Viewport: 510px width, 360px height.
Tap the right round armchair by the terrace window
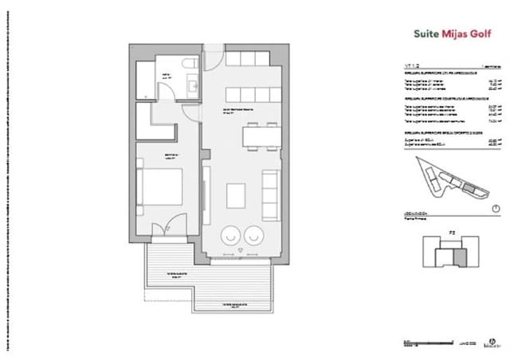coord(255,235)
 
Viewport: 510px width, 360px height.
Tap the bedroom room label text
coord(169,155)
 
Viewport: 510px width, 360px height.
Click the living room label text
coord(237,109)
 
